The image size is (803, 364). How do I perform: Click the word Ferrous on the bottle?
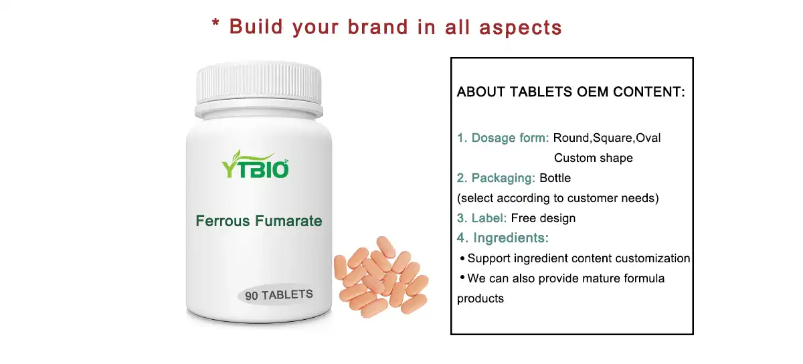(222, 221)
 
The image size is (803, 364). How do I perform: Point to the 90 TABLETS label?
(279, 295)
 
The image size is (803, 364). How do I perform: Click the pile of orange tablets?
(379, 276)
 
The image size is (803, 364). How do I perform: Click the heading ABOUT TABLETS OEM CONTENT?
(571, 92)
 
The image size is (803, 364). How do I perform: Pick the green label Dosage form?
(503, 138)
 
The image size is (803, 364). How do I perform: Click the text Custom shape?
(593, 158)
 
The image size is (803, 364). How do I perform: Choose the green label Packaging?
(496, 178)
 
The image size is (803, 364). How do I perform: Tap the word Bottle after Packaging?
(555, 178)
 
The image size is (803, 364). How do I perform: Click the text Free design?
(543, 218)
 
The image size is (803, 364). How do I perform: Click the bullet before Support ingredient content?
(462, 258)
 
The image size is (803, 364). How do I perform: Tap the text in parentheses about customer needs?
(558, 198)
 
